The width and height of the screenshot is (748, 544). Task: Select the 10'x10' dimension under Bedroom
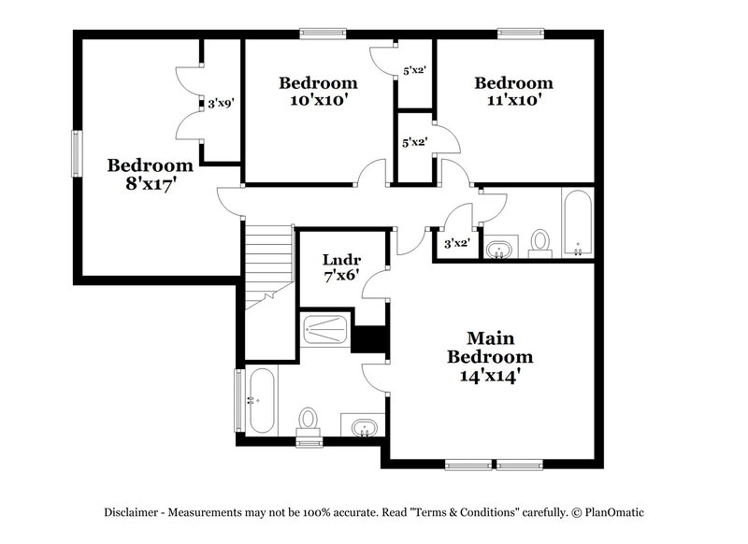pos(318,100)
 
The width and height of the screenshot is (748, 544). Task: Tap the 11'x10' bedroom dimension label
pos(512,100)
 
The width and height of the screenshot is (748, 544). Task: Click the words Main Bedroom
pos(491,347)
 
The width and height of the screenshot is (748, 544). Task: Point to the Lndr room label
pos(341,259)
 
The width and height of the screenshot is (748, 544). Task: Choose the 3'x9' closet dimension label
pos(220,104)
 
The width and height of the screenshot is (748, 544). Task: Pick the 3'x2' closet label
pos(455,243)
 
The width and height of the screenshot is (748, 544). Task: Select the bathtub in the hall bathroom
pos(576,222)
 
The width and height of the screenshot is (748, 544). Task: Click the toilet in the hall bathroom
pos(540,242)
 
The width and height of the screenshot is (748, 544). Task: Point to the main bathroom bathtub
pos(261,400)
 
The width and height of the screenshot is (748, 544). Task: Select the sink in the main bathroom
pos(363,427)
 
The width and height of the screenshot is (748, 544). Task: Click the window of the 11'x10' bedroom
pos(521,34)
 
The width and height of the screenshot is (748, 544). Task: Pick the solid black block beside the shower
pos(369,338)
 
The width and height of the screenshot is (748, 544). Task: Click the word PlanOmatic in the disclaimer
pos(613,512)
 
